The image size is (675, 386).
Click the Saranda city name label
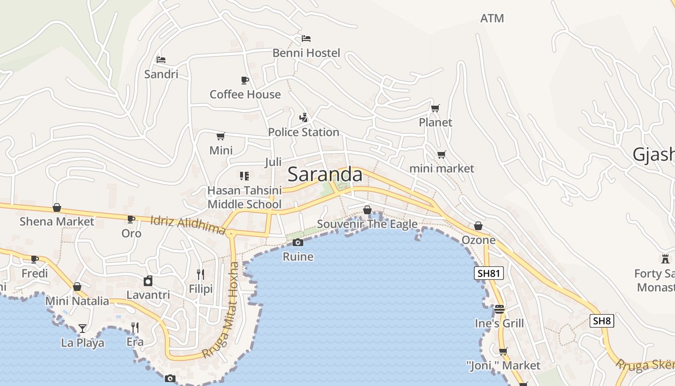325,175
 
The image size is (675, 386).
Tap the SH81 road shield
488,274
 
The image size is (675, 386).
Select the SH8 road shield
602,321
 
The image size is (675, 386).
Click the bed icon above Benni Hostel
306,39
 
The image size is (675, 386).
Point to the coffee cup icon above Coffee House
245,80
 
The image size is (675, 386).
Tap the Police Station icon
303,117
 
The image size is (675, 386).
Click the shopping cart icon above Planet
435,108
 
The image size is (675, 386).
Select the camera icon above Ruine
298,242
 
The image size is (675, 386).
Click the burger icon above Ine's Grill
499,309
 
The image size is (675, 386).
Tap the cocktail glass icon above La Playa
82,329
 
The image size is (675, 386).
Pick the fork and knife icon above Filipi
201,275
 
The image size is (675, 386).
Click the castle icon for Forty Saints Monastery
665,259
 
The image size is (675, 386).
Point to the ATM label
492,18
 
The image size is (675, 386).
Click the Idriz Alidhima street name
189,225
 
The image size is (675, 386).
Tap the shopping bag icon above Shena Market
57,207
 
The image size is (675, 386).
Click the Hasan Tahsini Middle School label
244,197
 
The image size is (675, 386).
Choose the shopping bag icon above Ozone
478,226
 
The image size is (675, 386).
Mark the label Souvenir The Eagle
367,224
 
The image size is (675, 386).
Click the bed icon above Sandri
161,60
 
